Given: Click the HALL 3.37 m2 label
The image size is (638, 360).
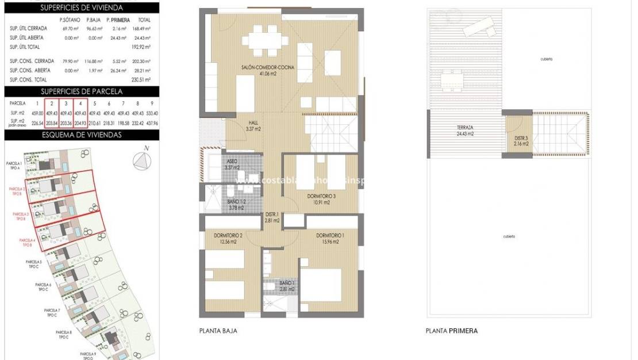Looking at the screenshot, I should tap(253, 126).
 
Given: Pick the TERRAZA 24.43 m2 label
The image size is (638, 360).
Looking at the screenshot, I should tap(465, 131).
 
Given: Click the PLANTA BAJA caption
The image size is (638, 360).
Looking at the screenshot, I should tap(218, 331).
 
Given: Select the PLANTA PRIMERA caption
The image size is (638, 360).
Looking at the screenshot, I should tap(451, 331).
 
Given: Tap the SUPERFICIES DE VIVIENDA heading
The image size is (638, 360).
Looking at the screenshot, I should tap(81, 7).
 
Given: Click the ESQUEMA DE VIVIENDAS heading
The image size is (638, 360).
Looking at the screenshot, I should tap(81, 135).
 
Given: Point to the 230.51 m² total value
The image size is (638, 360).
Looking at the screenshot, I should tap(141, 80).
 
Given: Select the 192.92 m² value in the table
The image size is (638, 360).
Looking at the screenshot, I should tap(141, 47).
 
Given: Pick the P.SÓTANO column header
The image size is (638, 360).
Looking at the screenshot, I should tap(70, 20).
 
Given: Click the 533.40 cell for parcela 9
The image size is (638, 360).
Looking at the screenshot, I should tap(152, 113).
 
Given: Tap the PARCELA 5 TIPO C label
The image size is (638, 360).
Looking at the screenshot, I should tap(34, 264).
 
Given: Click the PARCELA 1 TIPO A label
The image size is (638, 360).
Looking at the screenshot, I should tap(12, 166).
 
